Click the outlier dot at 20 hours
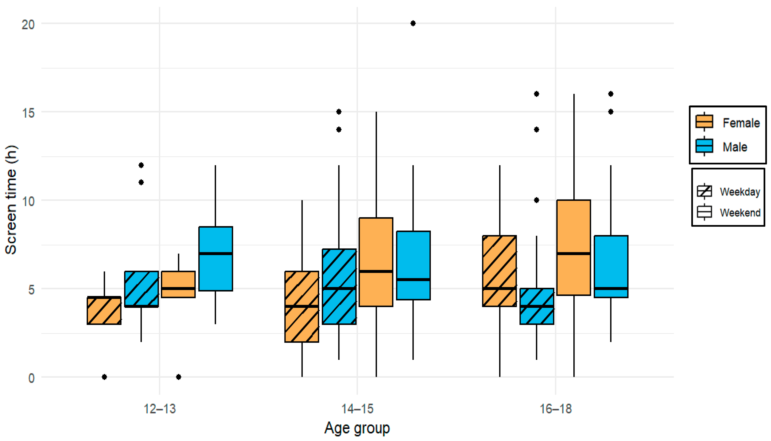tap(413, 23)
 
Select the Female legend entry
tap(727, 122)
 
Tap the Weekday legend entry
tap(728, 191)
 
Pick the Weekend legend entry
tap(728, 212)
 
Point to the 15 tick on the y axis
tap(28, 113)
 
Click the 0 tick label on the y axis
tap(31, 378)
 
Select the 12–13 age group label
tap(160, 409)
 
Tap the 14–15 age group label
tap(358, 409)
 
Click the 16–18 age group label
tap(556, 409)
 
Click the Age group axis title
tap(357, 428)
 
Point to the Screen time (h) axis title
tap(11, 200)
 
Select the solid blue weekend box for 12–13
tap(216, 259)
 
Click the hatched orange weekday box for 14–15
tap(302, 306)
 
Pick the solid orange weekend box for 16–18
tap(574, 247)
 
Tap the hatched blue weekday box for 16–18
tap(537, 306)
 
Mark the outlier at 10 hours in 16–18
tap(537, 200)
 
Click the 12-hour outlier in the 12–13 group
tap(141, 165)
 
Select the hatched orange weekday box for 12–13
tap(104, 310)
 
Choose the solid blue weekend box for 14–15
tap(413, 265)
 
